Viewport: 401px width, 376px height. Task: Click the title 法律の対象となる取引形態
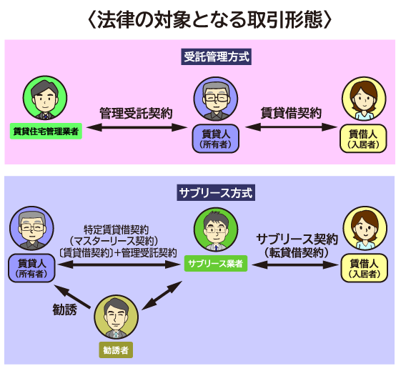pyautogui.click(x=209, y=20)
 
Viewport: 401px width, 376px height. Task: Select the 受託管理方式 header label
pyautogui.click(x=217, y=56)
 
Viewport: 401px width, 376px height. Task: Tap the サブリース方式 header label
pyautogui.click(x=216, y=193)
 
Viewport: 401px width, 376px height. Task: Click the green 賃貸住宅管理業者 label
pyautogui.click(x=46, y=132)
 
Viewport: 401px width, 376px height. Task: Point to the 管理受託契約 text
pyautogui.click(x=136, y=113)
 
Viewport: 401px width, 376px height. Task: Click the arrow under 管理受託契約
pyautogui.click(x=137, y=127)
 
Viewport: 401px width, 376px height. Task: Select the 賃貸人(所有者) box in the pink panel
pyautogui.click(x=216, y=139)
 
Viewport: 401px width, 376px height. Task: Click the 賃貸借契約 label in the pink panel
pyautogui.click(x=291, y=113)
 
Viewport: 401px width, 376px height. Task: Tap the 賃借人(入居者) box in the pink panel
pyautogui.click(x=363, y=139)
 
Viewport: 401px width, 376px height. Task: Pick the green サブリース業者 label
pyautogui.click(x=216, y=264)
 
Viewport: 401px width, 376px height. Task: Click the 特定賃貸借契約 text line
pyautogui.click(x=116, y=229)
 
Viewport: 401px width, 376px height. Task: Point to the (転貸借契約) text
pyautogui.click(x=297, y=253)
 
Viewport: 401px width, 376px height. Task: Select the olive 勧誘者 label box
pyautogui.click(x=116, y=350)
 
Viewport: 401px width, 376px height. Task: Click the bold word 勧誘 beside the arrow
pyautogui.click(x=65, y=310)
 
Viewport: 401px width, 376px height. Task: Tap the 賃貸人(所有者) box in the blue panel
pyautogui.click(x=31, y=268)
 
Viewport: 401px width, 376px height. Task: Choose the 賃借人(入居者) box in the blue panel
pyautogui.click(x=364, y=268)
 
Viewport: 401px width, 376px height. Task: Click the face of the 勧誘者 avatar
pyautogui.click(x=117, y=317)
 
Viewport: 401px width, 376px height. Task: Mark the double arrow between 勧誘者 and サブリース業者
pyautogui.click(x=162, y=295)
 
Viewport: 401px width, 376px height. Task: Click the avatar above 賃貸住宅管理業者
pyautogui.click(x=45, y=98)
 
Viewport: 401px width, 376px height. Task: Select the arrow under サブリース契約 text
pyautogui.click(x=295, y=265)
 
